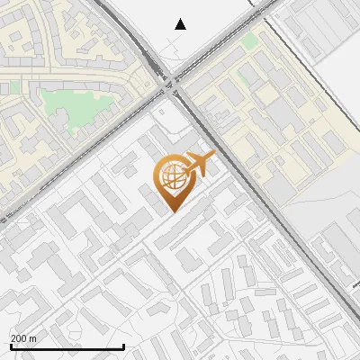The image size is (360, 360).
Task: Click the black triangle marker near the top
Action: pos(181,24)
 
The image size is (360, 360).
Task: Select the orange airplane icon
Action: pos(199,164)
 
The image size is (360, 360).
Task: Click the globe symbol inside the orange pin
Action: pos(171,175)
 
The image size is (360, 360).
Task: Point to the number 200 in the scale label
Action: pos(19,338)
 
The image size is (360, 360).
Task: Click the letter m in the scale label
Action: pos(33,338)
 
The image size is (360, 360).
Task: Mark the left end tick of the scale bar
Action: pos(10,346)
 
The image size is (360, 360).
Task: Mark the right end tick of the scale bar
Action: pos(123,346)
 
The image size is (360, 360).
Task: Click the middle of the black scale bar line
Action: pos(67,347)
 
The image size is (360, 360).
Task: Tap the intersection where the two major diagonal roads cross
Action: pos(171,84)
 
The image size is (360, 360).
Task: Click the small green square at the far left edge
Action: pos(13,87)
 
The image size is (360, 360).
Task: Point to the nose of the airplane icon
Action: pos(214,157)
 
